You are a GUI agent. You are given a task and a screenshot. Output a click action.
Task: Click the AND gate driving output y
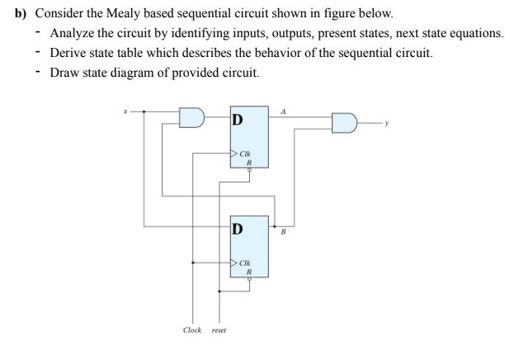click(x=344, y=123)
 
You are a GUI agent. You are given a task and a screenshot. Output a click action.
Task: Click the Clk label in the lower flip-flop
click(x=245, y=263)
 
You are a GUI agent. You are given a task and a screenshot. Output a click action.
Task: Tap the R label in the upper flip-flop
click(x=245, y=163)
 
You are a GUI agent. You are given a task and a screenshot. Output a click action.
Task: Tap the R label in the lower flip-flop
click(x=245, y=272)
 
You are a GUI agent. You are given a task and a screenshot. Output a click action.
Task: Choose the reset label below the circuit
click(x=219, y=330)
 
